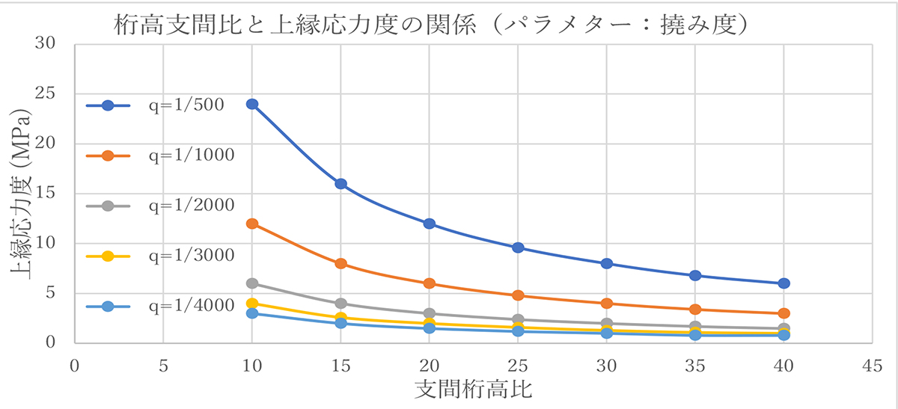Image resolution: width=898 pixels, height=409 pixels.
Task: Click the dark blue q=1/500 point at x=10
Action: tap(252, 104)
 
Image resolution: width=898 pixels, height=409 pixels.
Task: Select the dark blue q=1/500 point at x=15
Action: tap(341, 184)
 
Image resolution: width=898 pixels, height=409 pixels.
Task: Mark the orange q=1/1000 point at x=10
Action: tap(252, 224)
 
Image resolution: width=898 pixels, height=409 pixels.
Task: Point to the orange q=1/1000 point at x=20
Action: tap(430, 283)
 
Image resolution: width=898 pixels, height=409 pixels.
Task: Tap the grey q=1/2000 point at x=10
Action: tap(252, 283)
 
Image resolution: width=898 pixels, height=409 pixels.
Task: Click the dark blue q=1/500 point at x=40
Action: tap(784, 283)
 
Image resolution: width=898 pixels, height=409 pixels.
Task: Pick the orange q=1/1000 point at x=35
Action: tap(695, 309)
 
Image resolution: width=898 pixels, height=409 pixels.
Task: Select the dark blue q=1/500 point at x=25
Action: tap(518, 247)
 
